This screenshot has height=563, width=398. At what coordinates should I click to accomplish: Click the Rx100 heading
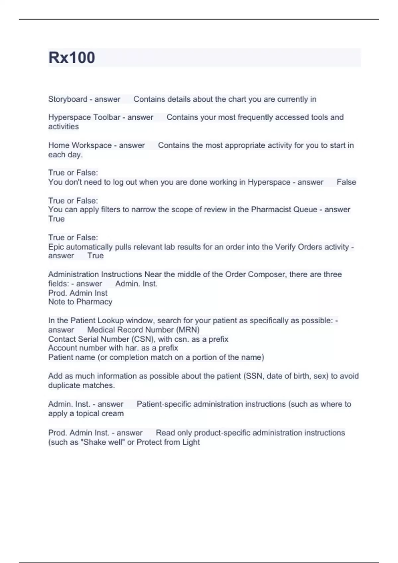coord(72,58)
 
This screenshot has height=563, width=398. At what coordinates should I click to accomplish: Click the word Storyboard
coord(68,99)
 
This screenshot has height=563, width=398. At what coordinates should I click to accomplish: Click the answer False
coord(346,182)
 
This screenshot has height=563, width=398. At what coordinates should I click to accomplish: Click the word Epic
coord(56,247)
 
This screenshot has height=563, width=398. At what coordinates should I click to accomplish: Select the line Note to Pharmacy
coord(80,302)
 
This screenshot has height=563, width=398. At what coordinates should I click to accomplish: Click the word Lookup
coord(111,321)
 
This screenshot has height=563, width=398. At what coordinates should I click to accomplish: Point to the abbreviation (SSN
coord(254,376)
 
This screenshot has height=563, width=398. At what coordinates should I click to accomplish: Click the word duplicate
coord(64,385)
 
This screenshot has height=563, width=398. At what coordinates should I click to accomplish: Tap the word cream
coord(113,414)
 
